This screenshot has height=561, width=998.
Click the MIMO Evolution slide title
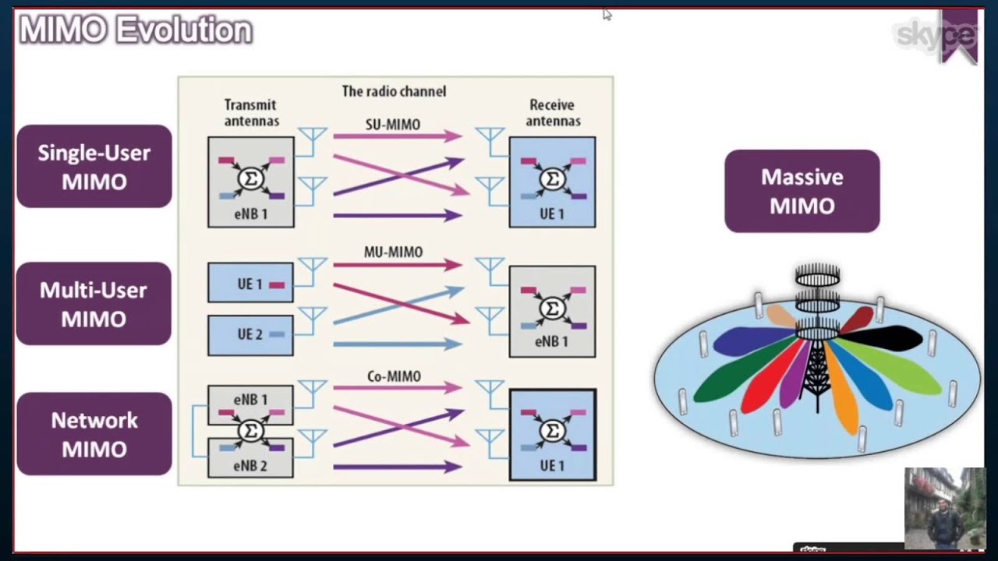pos(136,31)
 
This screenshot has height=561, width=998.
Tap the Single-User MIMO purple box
pos(94,167)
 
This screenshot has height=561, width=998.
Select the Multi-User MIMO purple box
pos(94,304)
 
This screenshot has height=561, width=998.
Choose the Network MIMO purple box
pos(94,434)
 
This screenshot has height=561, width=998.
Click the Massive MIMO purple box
pos(802,191)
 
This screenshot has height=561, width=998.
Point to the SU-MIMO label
pos(392,125)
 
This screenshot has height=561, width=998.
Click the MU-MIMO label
pos(393,252)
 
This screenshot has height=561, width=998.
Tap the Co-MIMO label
pos(393,376)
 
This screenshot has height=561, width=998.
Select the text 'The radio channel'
pos(394,91)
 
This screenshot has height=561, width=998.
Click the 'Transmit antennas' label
pos(251,112)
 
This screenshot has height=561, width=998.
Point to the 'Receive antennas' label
pos(552,112)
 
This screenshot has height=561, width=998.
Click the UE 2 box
pos(250,335)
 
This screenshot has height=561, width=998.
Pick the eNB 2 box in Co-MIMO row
pos(250,460)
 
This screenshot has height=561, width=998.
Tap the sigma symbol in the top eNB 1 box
pos(251,179)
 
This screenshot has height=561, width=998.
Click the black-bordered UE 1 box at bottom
pos(552,435)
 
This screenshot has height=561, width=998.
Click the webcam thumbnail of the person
pos(944,507)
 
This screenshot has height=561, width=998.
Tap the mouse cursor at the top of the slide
pos(607,13)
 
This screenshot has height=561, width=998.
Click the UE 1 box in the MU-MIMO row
pos(250,284)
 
